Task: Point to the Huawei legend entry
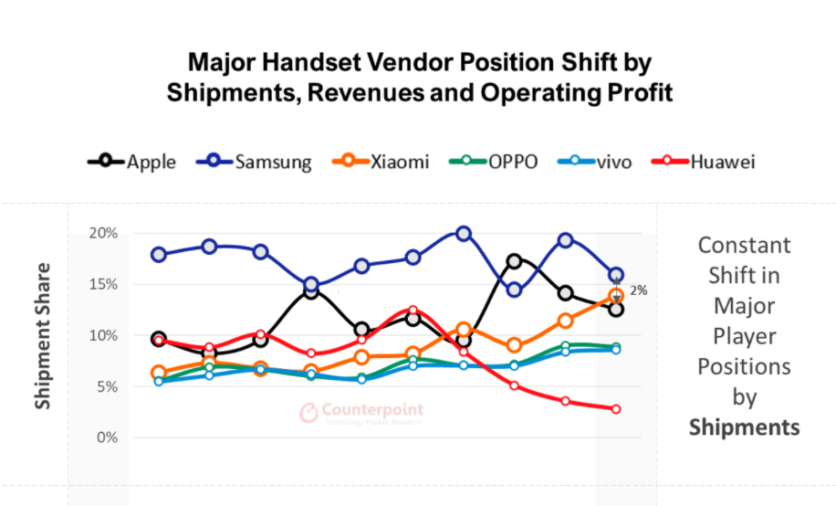point(703,162)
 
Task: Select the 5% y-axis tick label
point(108,386)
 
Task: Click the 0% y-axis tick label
point(108,437)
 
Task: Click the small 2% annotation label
point(638,290)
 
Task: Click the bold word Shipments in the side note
point(744,427)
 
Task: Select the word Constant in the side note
point(744,245)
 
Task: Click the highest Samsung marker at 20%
point(464,234)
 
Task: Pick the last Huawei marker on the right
point(616,409)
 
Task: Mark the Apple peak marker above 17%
point(515,261)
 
